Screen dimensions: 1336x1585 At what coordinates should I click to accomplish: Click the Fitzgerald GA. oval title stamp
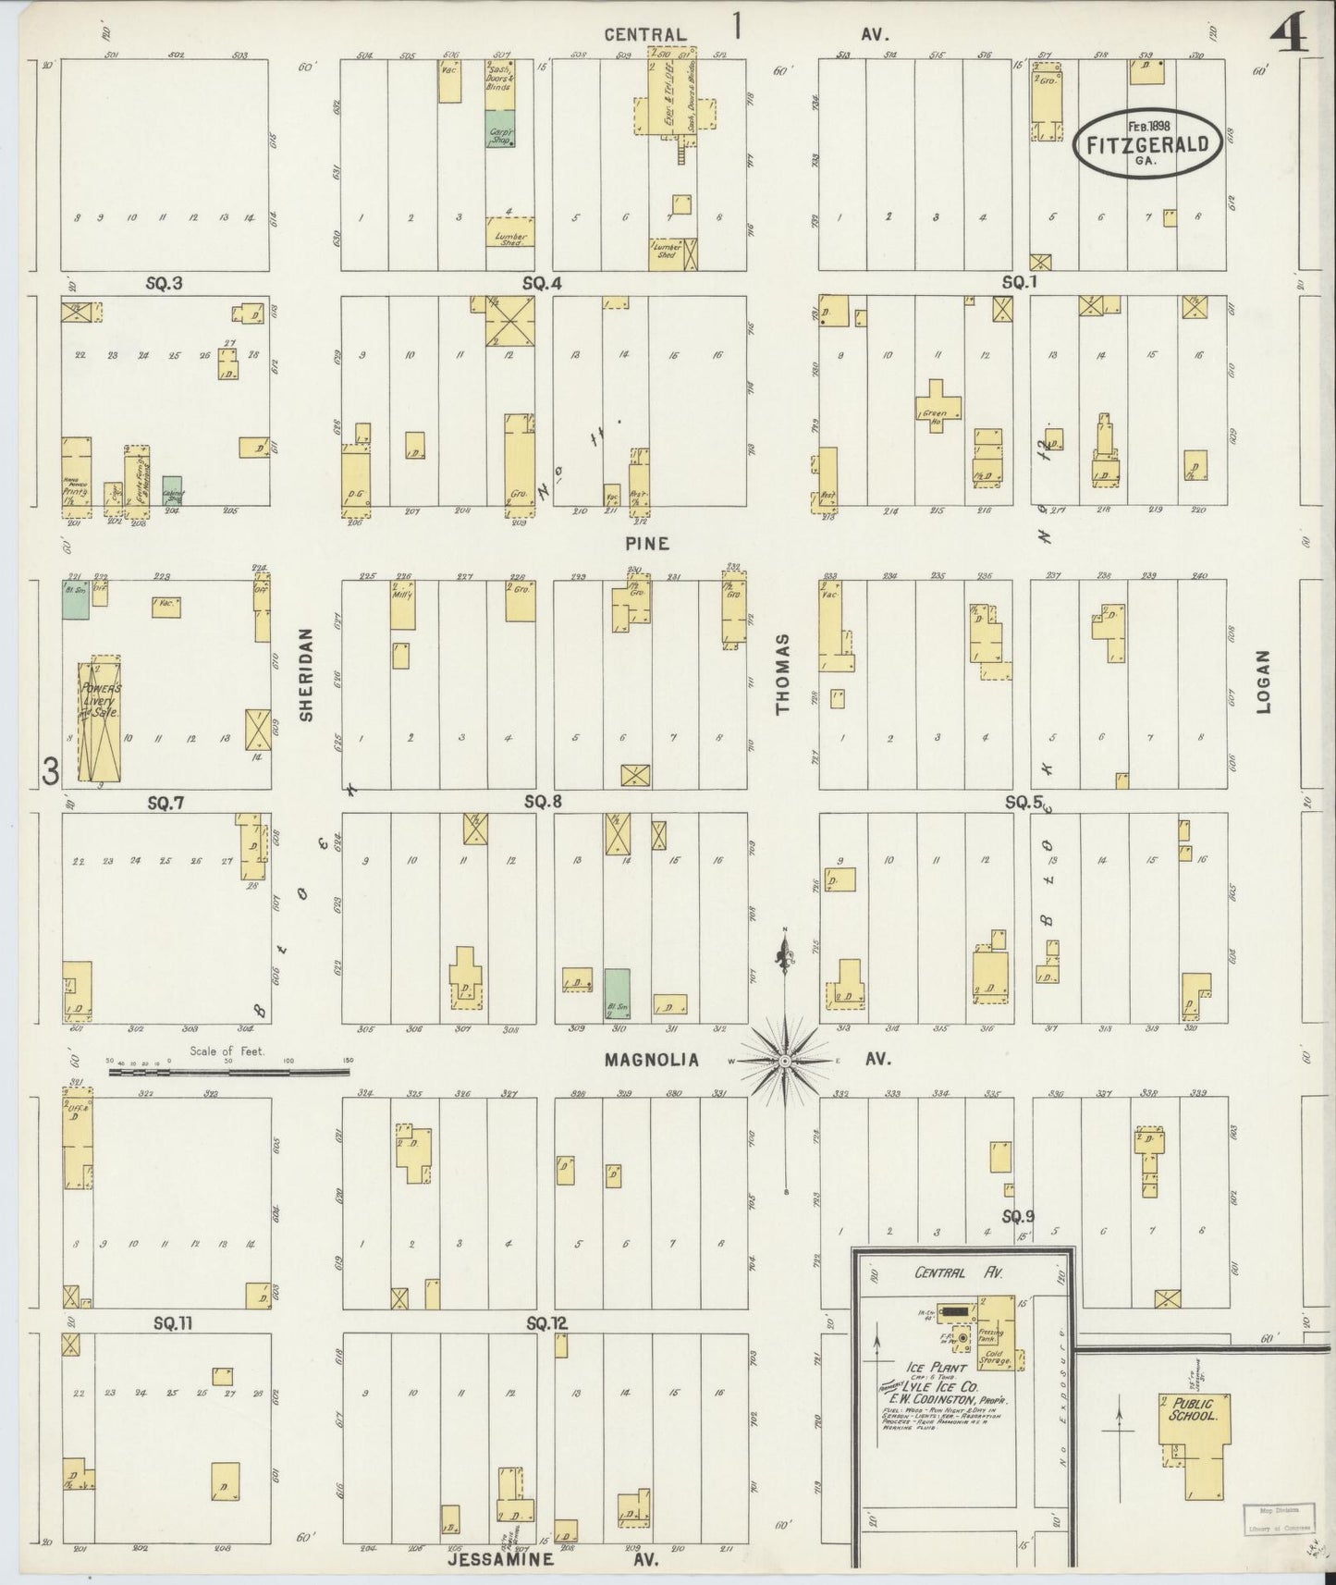click(x=1146, y=143)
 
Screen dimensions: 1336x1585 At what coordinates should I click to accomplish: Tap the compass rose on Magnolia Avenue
click(x=785, y=1061)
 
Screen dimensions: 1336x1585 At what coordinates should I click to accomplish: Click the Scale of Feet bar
click(x=228, y=1072)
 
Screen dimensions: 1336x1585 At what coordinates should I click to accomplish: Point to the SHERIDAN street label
click(x=307, y=675)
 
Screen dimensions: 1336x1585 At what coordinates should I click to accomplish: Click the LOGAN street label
click(x=1264, y=682)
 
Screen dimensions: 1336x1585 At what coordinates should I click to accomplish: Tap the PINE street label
click(x=650, y=544)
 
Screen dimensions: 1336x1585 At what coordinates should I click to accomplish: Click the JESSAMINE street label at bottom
click(x=500, y=1560)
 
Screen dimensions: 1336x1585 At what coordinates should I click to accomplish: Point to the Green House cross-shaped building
click(x=938, y=407)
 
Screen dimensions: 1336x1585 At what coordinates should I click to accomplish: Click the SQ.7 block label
click(x=165, y=804)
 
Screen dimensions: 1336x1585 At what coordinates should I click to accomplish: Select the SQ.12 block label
click(x=545, y=1323)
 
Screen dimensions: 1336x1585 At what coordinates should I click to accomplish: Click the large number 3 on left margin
click(x=51, y=770)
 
